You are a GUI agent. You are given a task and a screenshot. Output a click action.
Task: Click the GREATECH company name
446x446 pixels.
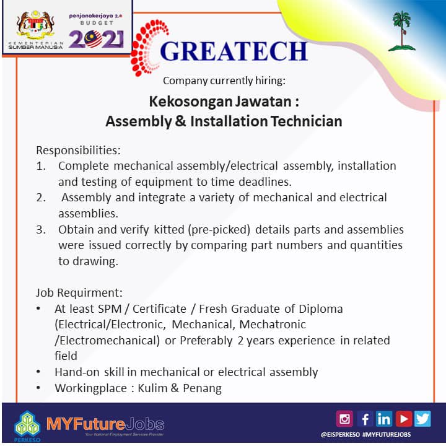click(233, 51)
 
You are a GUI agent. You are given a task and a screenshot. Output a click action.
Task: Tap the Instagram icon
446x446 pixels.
click(344, 419)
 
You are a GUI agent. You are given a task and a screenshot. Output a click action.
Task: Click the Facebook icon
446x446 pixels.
click(365, 419)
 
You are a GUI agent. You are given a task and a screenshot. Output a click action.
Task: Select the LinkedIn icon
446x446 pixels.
click(384, 419)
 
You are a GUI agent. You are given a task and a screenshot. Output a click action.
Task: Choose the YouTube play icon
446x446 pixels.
click(403, 419)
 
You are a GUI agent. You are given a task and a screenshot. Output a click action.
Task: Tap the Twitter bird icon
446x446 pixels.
click(422, 419)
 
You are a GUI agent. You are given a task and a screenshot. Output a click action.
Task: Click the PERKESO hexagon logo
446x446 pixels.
click(27, 424)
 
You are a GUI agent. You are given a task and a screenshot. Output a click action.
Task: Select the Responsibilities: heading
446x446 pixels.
click(78, 151)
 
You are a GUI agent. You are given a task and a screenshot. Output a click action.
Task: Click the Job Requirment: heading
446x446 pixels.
click(79, 292)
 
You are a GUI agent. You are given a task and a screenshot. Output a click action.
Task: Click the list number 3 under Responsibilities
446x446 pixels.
click(41, 230)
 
